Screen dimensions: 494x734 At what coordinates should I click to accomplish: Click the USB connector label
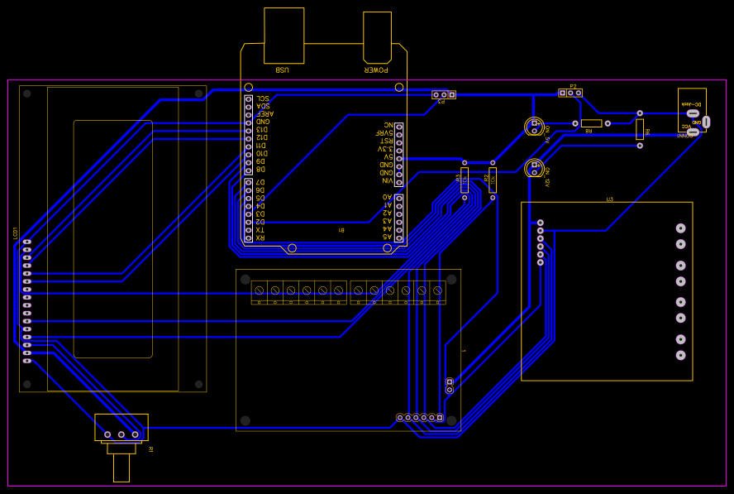[283, 70]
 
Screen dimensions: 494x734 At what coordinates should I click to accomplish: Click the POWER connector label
[377, 70]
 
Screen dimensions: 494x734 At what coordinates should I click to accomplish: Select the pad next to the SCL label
[248, 99]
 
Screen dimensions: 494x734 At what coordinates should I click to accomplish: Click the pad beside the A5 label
[398, 237]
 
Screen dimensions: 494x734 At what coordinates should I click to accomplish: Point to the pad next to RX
[248, 237]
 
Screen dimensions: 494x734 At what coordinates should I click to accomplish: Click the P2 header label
[574, 85]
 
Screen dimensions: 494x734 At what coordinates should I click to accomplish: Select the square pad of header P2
[562, 93]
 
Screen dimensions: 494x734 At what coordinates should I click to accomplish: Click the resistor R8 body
[591, 123]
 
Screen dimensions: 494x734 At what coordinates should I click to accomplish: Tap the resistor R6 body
[640, 129]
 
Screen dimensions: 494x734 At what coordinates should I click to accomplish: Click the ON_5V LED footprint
[533, 127]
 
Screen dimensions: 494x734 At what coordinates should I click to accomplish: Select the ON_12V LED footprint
[533, 168]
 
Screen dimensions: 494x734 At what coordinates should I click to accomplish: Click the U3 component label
[610, 199]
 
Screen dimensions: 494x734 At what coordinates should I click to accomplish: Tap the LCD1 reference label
[16, 234]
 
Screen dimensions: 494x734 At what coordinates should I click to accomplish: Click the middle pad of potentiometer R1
[122, 434]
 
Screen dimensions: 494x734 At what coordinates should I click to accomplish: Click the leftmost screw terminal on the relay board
[260, 290]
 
